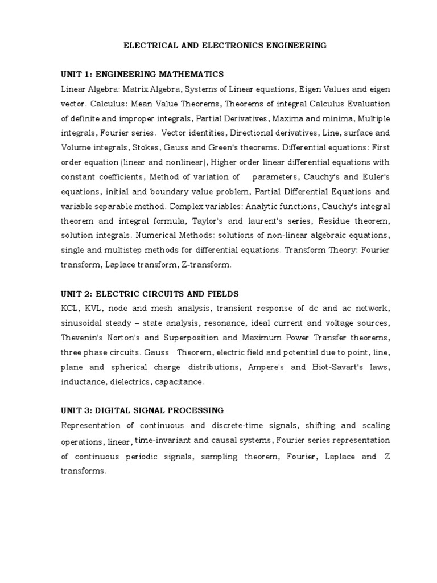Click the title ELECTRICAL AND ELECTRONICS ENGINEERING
(225, 46)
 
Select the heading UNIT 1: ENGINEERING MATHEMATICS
(142, 75)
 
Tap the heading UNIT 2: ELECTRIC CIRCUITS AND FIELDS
(150, 294)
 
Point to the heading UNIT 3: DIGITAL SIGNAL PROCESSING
(142, 410)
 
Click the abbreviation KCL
(71, 309)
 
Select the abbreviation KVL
(98, 309)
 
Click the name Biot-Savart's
(339, 367)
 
